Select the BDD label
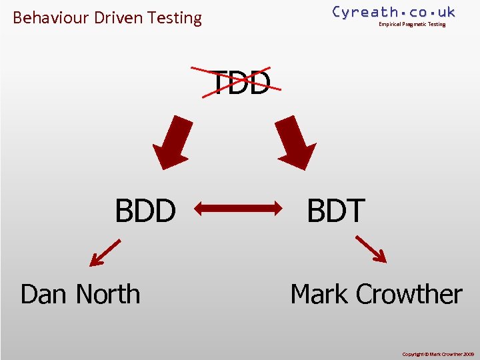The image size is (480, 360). click(x=145, y=211)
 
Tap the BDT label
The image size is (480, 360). click(x=336, y=211)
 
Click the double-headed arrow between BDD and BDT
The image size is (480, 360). click(x=239, y=209)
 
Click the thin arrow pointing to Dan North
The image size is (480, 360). click(x=105, y=253)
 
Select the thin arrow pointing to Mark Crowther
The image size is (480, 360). click(x=371, y=249)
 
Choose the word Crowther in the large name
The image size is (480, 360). click(x=409, y=294)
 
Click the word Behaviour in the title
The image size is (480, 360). click(x=51, y=18)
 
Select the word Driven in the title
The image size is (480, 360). click(x=121, y=18)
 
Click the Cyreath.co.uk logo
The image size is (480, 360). click(x=393, y=11)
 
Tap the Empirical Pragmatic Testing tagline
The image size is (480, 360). click(x=412, y=25)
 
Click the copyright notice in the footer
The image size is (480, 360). click(x=437, y=354)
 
